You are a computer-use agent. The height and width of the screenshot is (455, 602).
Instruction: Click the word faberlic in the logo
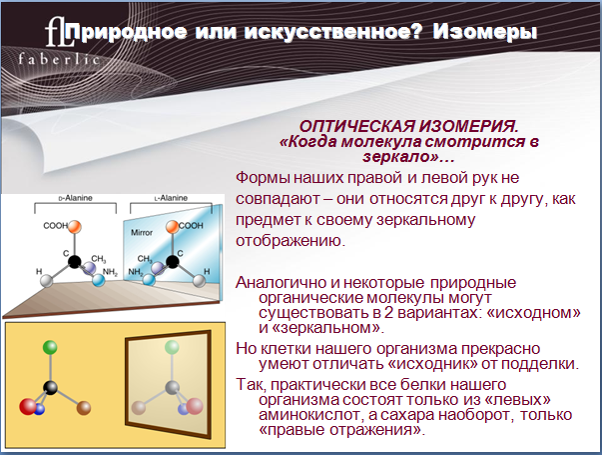click(x=59, y=59)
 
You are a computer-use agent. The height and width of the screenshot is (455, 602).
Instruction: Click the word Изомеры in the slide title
click(x=485, y=32)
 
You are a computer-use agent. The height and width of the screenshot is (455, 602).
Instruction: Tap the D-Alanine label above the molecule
click(x=75, y=198)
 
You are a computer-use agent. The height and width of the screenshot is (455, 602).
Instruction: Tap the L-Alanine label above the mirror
click(x=171, y=198)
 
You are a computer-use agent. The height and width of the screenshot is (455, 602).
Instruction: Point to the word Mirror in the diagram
click(x=142, y=232)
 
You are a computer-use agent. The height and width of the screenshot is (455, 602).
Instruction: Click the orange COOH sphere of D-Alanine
click(x=75, y=227)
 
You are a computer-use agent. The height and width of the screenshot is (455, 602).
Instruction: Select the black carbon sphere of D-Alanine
click(x=75, y=262)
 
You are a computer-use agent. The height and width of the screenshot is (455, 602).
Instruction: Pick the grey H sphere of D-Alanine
click(x=47, y=281)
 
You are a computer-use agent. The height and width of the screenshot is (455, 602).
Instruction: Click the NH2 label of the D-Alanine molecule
click(x=110, y=273)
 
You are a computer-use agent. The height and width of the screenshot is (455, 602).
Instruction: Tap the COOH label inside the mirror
click(x=191, y=225)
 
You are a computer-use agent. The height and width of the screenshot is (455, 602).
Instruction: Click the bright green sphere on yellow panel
click(x=50, y=347)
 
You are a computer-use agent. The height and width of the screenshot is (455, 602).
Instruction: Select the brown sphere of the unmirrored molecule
click(x=84, y=408)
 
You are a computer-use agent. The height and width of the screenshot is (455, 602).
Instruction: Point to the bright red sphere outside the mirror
click(x=28, y=407)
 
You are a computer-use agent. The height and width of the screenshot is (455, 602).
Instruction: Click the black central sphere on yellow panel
click(x=50, y=387)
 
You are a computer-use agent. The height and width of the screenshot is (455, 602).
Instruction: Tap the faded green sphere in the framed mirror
click(x=172, y=347)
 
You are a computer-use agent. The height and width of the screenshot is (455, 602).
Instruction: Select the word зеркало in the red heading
click(x=396, y=157)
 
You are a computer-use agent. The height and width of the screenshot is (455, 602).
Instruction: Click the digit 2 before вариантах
click(x=388, y=313)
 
